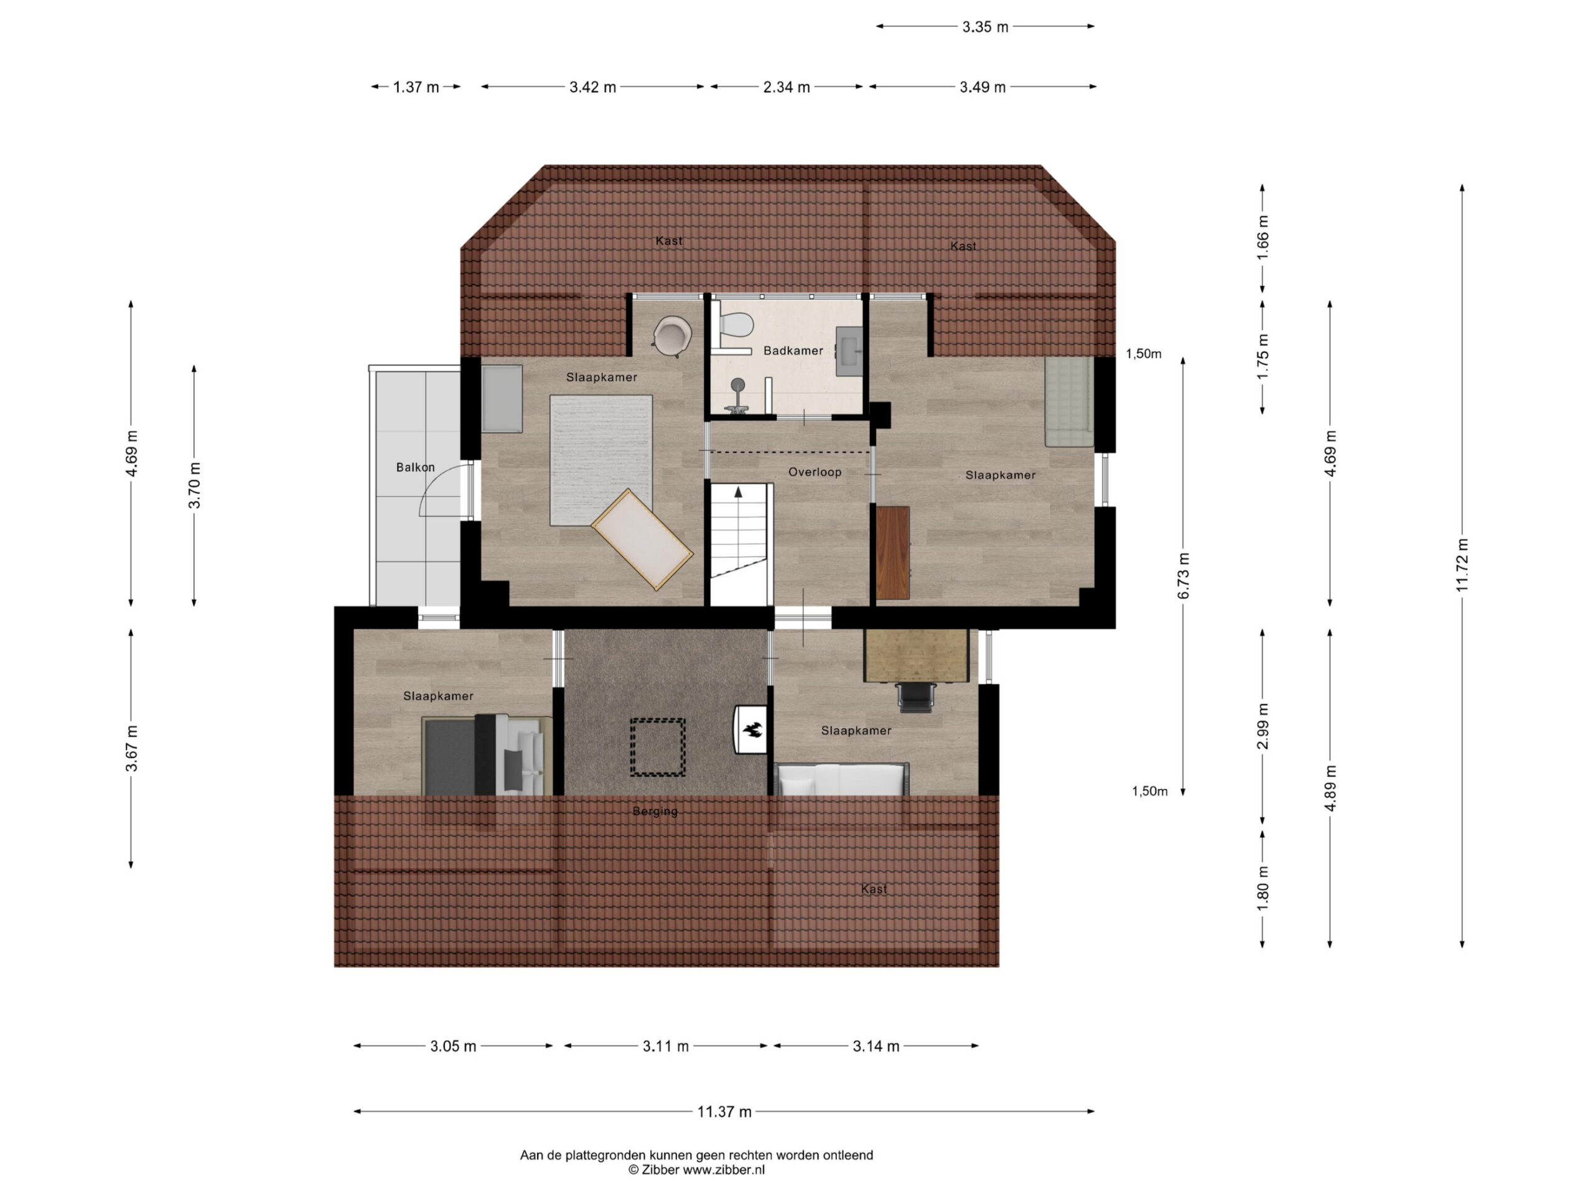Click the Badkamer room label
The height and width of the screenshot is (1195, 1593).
(x=793, y=351)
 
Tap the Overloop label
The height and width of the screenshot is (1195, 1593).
(x=815, y=472)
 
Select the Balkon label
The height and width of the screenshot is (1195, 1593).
(x=416, y=467)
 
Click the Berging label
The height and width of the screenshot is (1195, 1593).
(x=655, y=812)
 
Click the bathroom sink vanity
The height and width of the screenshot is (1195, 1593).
(x=849, y=352)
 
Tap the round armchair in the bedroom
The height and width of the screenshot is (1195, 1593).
(x=673, y=336)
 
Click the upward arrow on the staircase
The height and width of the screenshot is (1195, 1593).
(x=738, y=492)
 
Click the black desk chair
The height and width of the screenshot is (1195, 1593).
(x=915, y=696)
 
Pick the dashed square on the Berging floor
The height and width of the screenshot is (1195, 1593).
(x=658, y=747)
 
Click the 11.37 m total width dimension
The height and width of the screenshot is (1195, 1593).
(x=724, y=1112)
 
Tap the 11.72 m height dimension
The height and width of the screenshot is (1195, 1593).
(x=1462, y=565)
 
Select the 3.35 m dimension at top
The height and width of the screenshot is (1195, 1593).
(x=985, y=27)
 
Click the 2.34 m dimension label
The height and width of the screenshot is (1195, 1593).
(x=787, y=87)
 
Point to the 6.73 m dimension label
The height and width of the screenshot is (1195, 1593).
(x=1183, y=575)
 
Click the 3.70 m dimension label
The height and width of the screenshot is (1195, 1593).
(x=194, y=485)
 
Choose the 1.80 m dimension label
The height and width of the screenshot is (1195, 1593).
(x=1263, y=888)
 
